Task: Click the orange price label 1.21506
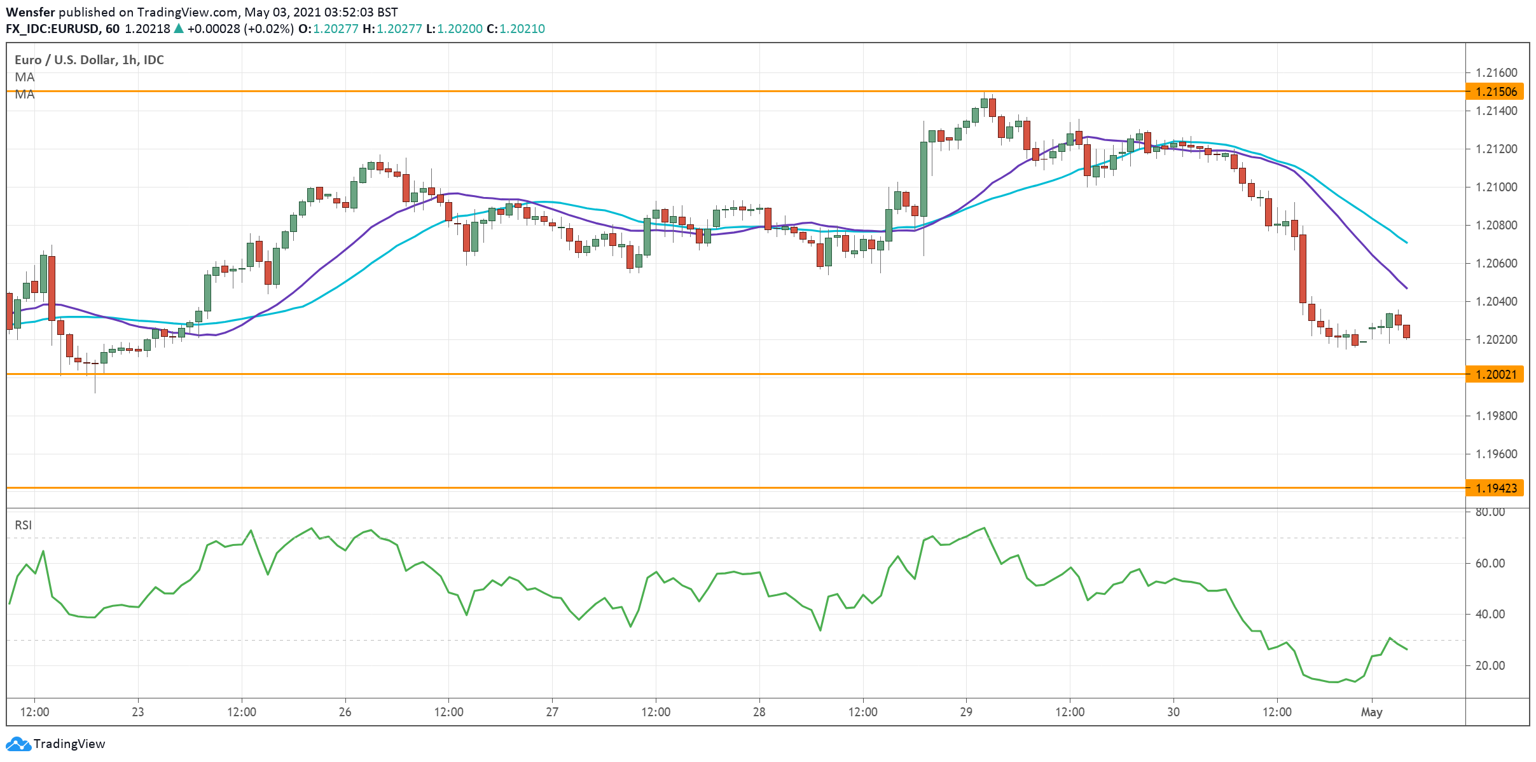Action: tap(1495, 92)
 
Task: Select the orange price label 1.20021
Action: tap(1495, 374)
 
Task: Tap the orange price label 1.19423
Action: tap(1495, 488)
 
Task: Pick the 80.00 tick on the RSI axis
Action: tap(1490, 512)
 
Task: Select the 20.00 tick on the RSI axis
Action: tap(1490, 665)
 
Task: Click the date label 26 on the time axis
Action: tap(345, 712)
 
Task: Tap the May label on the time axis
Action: tap(1371, 712)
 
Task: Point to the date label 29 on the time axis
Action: tap(965, 712)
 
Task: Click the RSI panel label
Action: tap(23, 525)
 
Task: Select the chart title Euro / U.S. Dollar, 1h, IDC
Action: tap(89, 60)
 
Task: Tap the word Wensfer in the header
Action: tap(30, 12)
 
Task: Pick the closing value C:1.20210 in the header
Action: tap(515, 29)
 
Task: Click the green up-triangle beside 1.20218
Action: tap(179, 29)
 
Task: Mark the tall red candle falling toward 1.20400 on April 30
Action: tap(1303, 268)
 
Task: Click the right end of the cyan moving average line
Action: tap(1406, 242)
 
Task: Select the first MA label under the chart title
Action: tap(25, 77)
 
